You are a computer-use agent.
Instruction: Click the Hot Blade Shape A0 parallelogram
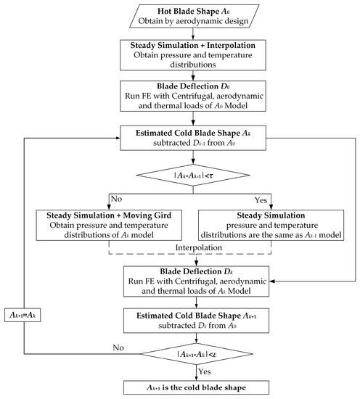point(194,16)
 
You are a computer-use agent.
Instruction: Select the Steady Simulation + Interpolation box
point(193,55)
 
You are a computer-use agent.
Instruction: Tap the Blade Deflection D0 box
point(193,96)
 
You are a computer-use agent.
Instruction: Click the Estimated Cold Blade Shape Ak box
point(193,138)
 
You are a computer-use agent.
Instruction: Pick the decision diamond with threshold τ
point(193,175)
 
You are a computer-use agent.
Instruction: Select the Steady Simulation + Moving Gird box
point(109,225)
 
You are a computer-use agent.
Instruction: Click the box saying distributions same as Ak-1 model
point(271,225)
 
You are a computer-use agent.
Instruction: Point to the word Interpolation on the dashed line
point(199,247)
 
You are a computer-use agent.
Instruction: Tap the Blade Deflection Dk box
point(196,281)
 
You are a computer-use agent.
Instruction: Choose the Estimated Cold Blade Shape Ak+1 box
point(196,321)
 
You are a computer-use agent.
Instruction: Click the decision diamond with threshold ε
point(197,354)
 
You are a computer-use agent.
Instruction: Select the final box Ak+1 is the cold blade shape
point(196,387)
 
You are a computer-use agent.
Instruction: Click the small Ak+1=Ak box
point(22,315)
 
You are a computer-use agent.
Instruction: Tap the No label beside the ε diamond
point(118,347)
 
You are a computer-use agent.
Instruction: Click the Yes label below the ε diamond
point(205,371)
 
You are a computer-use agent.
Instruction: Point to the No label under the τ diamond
point(116,199)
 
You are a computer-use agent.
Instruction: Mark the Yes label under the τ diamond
point(261,200)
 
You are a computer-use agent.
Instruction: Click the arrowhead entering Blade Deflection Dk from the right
point(272,281)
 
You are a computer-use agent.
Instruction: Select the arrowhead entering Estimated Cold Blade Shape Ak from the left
point(118,138)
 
